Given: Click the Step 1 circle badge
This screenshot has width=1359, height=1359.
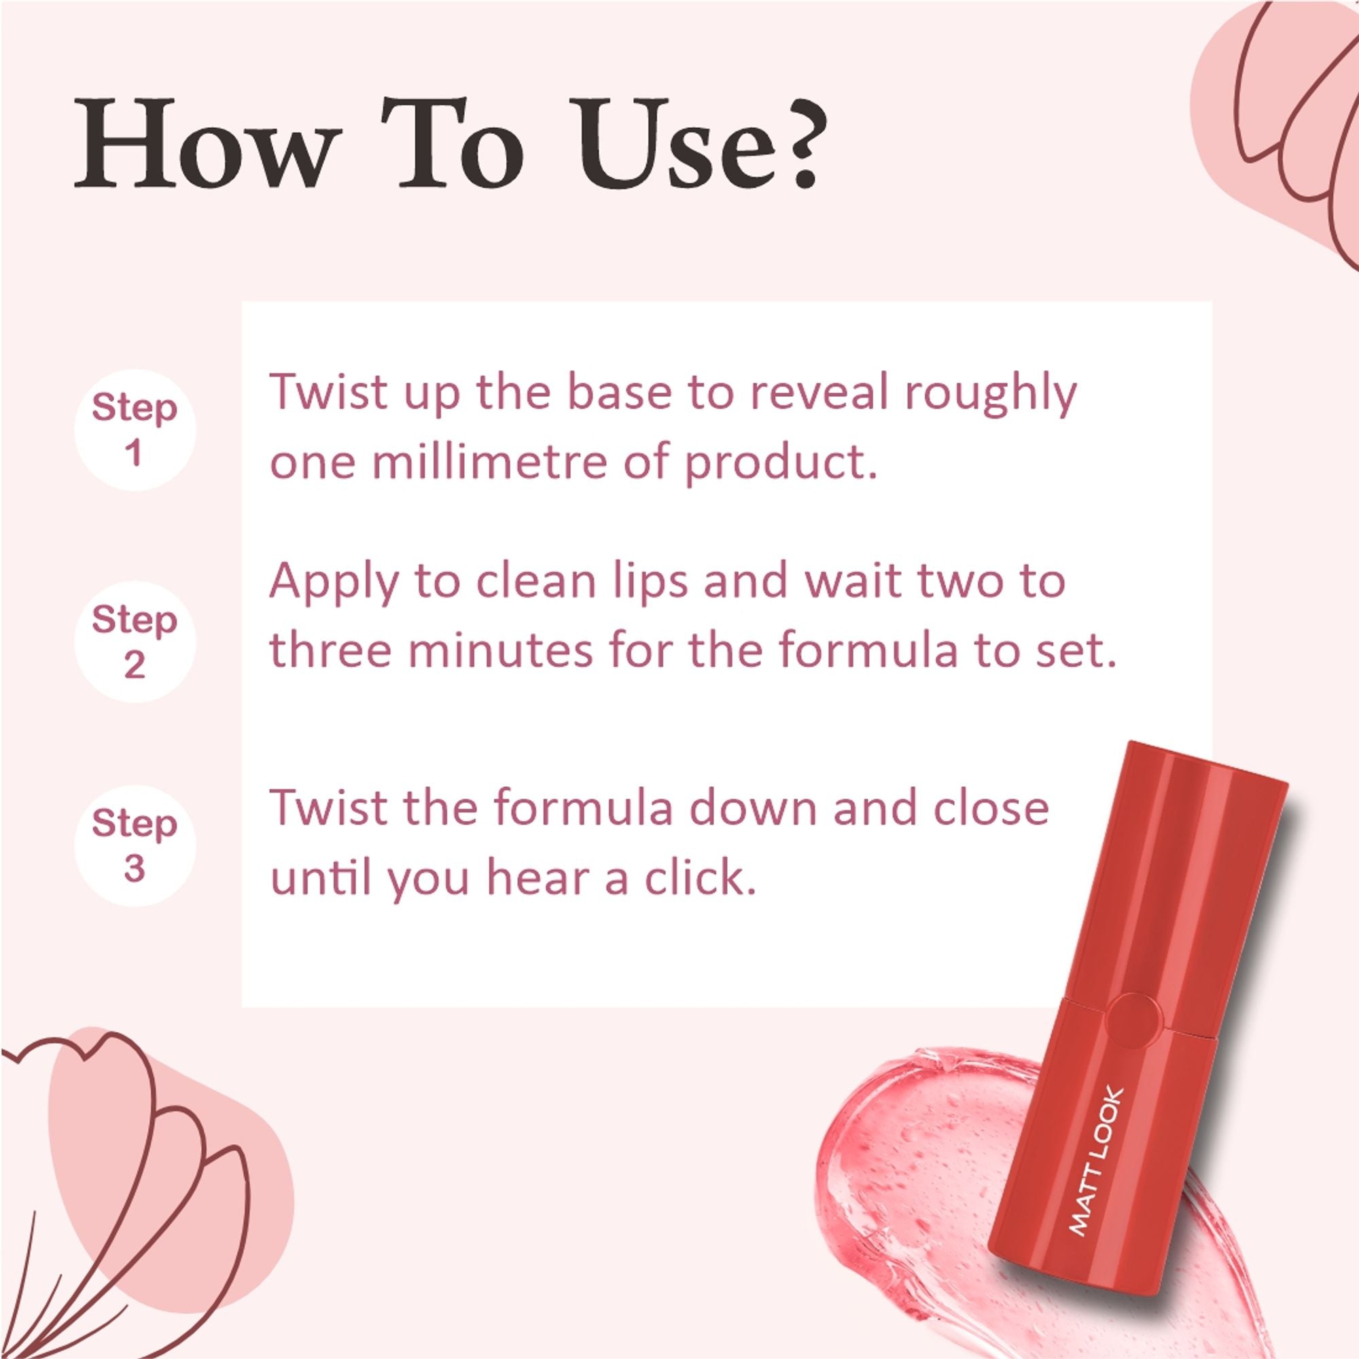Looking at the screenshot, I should click(x=135, y=431).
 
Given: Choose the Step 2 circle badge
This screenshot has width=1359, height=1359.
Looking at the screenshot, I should click(x=135, y=641).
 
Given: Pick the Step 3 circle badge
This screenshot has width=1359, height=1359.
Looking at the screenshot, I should click(x=135, y=846).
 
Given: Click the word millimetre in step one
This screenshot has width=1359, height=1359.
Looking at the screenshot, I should click(x=488, y=463).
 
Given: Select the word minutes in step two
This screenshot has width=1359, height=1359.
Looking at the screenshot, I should click(x=500, y=650).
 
